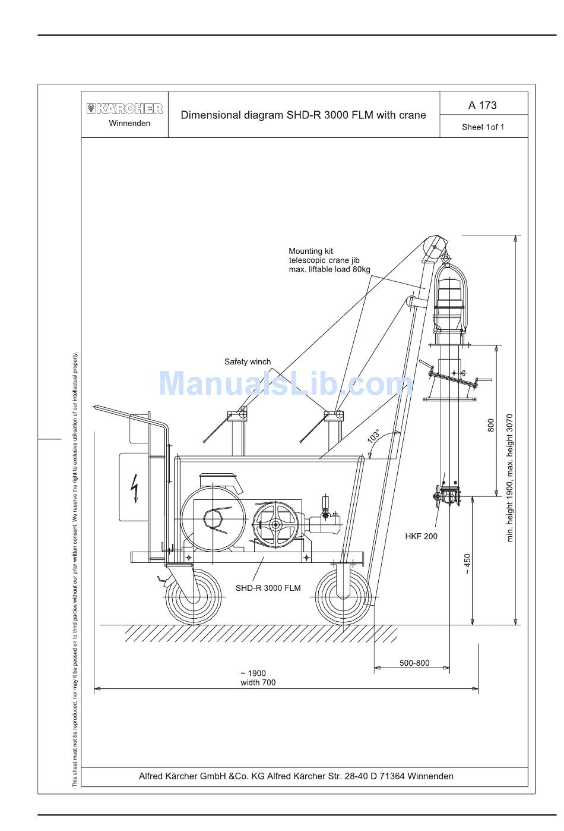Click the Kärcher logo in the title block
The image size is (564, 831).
tap(125, 109)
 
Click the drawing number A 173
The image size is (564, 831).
tap(482, 105)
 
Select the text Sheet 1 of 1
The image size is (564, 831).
tap(483, 127)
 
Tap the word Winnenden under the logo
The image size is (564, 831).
tap(129, 123)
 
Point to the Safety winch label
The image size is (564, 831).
tap(248, 362)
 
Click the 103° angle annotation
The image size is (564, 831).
tap(373, 436)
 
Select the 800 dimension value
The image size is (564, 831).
tap(490, 425)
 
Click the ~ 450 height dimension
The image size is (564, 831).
tap(467, 564)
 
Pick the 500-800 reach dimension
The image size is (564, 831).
tap(414, 663)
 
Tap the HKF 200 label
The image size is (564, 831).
tap(421, 536)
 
